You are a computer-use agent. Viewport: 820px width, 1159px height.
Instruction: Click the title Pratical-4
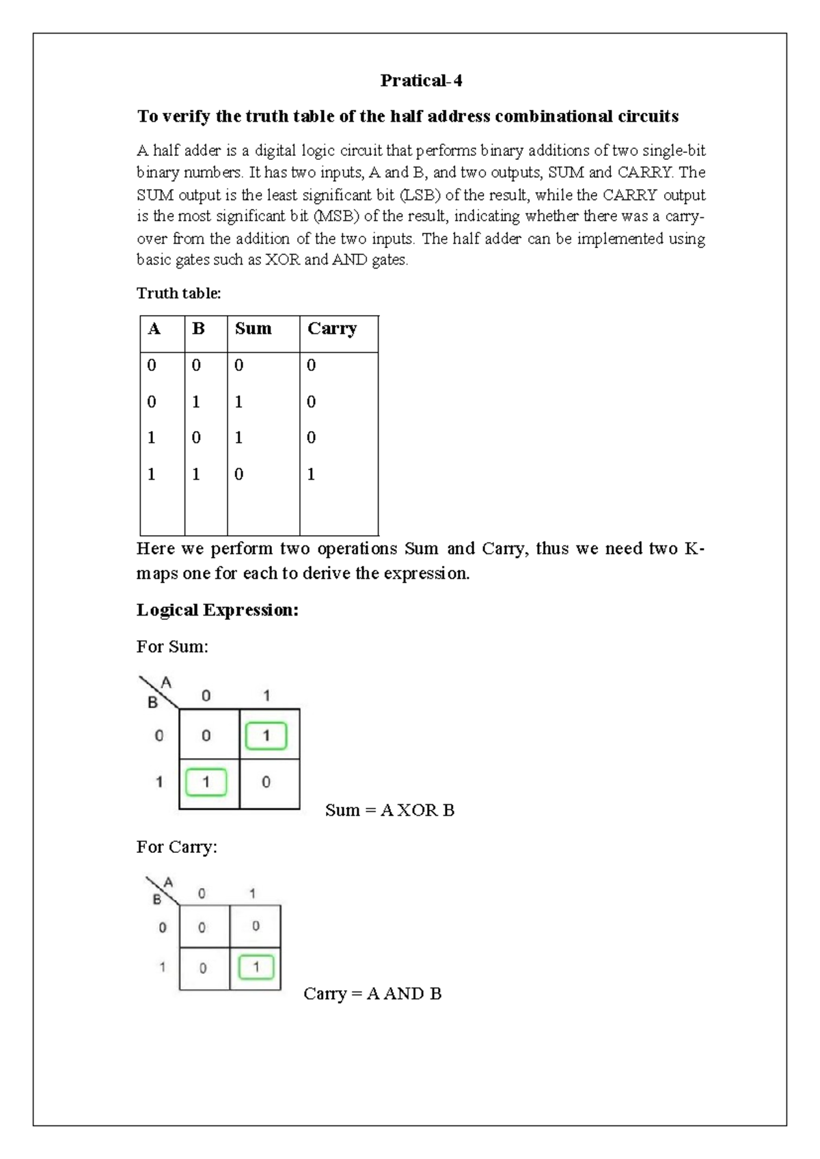(x=421, y=81)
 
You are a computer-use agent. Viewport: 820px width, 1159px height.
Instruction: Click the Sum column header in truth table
(x=253, y=329)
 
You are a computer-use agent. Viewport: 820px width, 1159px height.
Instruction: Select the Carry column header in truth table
(x=332, y=329)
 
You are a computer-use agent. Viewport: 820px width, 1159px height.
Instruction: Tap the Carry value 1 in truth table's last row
(x=311, y=474)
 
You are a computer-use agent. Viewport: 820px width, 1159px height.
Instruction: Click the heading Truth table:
(x=178, y=293)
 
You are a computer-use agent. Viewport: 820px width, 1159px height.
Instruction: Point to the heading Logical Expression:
(x=217, y=610)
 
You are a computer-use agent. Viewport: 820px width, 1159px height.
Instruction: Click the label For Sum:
(x=172, y=646)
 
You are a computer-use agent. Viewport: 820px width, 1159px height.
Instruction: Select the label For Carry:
(x=176, y=847)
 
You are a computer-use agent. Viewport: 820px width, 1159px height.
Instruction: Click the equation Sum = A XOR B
(x=389, y=810)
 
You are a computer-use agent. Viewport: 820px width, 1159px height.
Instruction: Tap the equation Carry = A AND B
(x=372, y=994)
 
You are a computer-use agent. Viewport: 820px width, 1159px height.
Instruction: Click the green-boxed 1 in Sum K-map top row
(x=266, y=736)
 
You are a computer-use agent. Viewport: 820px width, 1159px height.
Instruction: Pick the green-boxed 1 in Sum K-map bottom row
(x=206, y=782)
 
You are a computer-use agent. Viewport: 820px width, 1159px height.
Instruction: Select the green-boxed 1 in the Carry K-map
(x=256, y=967)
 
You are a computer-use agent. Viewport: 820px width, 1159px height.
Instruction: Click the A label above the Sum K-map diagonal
(x=166, y=683)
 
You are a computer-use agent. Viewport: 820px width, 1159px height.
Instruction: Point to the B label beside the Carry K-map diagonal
(x=156, y=899)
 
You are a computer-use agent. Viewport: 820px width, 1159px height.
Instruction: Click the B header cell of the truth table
(x=198, y=329)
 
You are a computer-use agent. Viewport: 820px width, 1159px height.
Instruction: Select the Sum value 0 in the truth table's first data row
(x=238, y=366)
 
